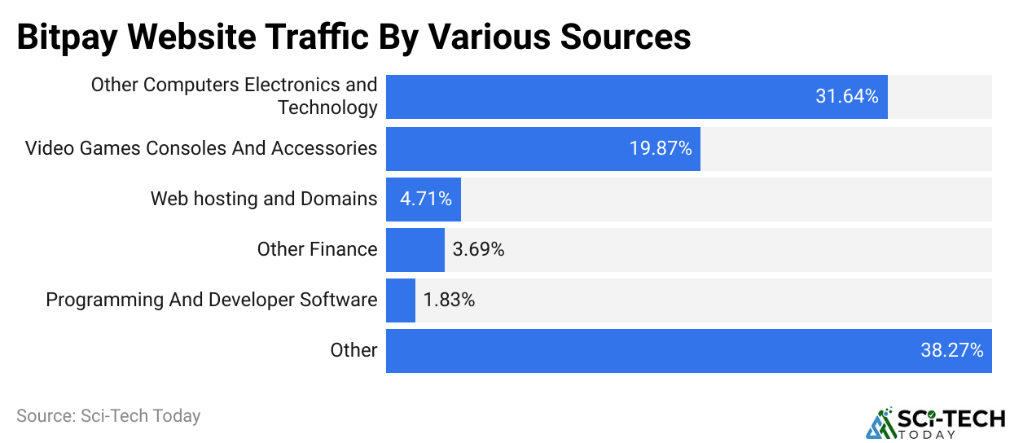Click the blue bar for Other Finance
tap(415, 250)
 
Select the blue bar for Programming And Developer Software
tap(400, 300)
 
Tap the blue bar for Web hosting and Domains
tap(423, 200)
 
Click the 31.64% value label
tap(846, 97)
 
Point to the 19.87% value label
tap(660, 149)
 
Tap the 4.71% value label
tap(425, 200)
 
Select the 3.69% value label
tap(478, 250)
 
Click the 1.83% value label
tap(449, 300)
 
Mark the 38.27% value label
tap(951, 351)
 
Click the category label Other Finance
tap(317, 249)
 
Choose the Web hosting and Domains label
tap(264, 199)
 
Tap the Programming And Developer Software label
tap(212, 300)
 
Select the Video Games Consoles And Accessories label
tap(201, 148)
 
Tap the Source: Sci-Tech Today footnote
tap(108, 416)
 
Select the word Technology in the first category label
tap(327, 107)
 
